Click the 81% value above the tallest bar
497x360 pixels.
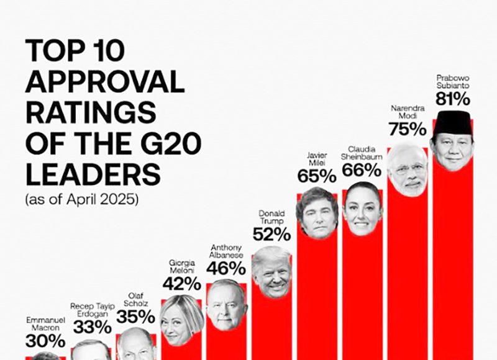tap(452, 99)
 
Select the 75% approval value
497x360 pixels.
tap(408, 129)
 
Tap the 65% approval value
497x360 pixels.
tap(317, 176)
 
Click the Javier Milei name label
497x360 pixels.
tap(317, 158)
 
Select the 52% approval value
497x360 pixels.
tap(271, 234)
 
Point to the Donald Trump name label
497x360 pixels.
tap(271, 217)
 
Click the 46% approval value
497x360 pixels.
tap(227, 268)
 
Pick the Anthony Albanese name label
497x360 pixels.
tap(227, 251)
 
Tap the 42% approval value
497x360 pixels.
tap(181, 284)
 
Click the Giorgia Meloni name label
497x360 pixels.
tap(181, 268)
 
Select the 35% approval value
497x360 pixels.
tap(136, 317)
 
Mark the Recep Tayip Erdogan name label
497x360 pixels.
tap(91, 310)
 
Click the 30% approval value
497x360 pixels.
tap(45, 341)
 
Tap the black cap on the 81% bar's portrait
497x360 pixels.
tap(452, 123)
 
